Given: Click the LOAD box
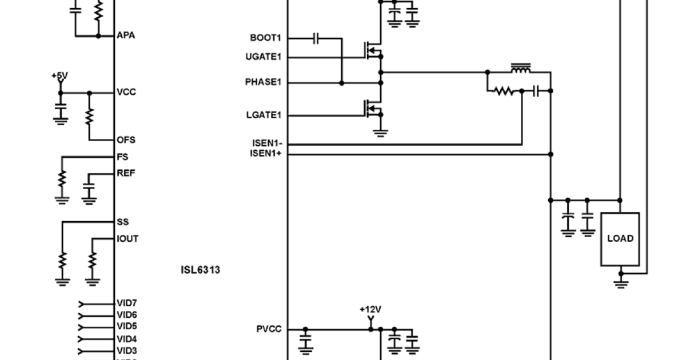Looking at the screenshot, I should point(620,239).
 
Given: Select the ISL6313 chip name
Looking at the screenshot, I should point(200,270).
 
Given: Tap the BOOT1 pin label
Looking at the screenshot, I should point(266,38).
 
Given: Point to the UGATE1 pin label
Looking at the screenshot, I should point(263,57).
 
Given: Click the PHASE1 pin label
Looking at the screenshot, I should point(263,82).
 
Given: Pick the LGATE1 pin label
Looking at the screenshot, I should point(264,115).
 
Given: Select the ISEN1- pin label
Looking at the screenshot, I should point(266,144).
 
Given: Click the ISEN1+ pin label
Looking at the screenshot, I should point(266,154).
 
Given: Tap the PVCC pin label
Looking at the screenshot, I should point(269,330).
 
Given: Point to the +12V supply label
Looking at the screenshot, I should point(370,310).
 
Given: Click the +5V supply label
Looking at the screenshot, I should point(59,75).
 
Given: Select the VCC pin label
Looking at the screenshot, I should point(126,92).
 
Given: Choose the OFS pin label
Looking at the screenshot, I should point(126,140).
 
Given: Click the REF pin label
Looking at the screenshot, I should point(126,173).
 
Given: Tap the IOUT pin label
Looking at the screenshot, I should point(127,239).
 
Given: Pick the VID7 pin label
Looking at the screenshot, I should point(126,303).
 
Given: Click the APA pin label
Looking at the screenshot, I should point(126,35).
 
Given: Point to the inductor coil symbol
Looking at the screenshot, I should point(520,69).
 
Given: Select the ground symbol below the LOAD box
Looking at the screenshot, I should point(620,283).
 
